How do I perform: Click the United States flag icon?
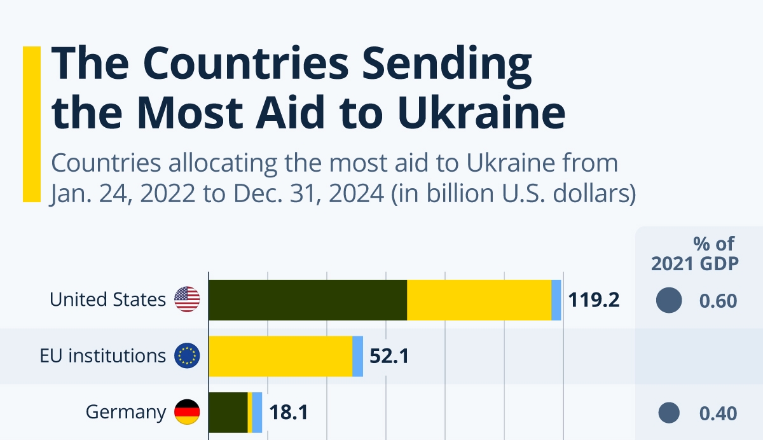coord(187,299)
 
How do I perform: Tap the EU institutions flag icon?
coord(187,356)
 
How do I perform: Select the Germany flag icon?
coord(187,413)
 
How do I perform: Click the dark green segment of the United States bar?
coord(308,299)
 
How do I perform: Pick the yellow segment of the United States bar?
coord(479,299)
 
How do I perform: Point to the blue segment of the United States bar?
coord(556,299)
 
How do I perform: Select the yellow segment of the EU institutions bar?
coord(280,356)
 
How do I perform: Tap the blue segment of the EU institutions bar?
coord(358,356)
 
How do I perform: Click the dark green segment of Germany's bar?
coord(228,413)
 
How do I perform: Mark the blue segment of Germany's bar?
coord(257,413)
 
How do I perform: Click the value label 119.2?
coord(594,300)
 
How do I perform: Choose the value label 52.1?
coord(389,357)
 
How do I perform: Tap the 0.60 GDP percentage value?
coord(718,301)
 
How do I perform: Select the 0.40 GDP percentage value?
coord(718,414)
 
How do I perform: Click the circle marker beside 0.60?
coord(668,300)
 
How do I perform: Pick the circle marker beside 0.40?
coord(668,413)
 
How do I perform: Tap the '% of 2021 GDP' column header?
coord(695,253)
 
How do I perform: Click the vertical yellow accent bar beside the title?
coord(31,124)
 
